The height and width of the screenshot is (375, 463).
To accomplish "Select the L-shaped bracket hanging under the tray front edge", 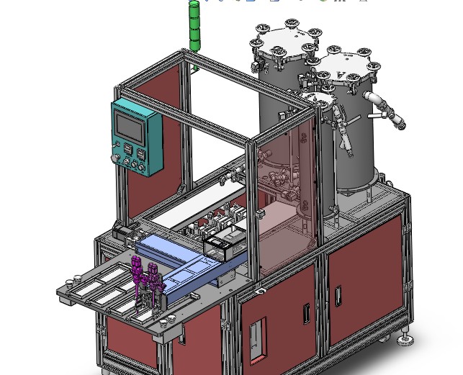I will pos(183,332).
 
